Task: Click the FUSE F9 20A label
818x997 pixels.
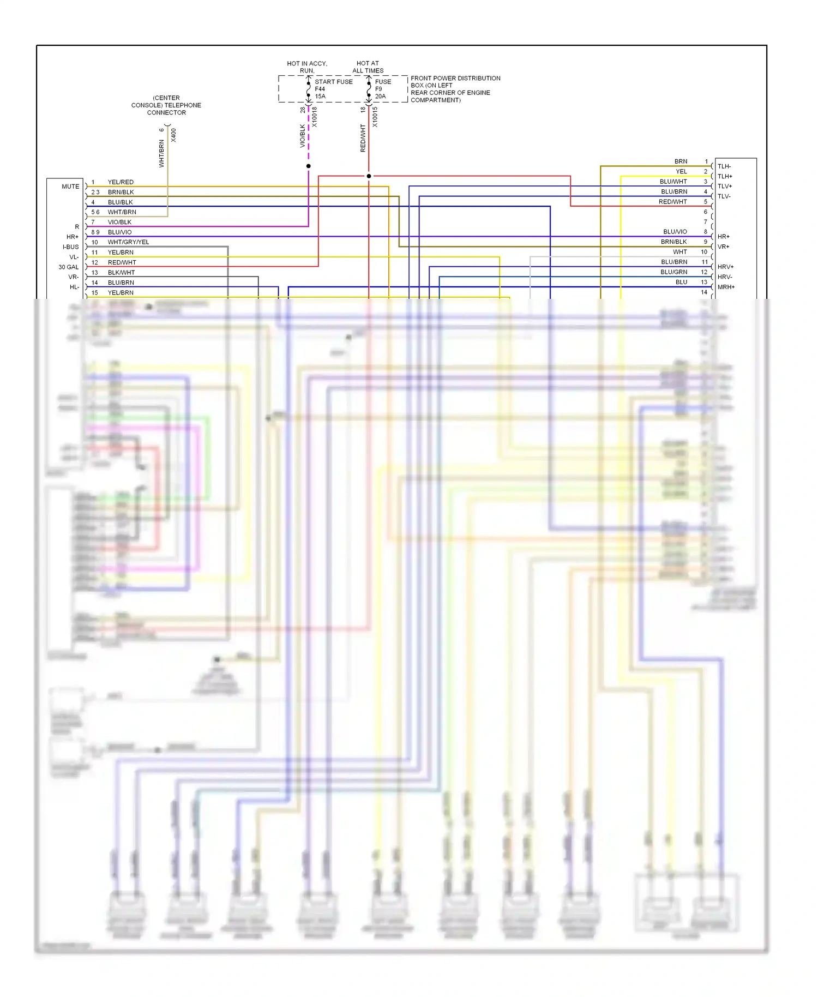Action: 382,89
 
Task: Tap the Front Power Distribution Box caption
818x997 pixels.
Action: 455,89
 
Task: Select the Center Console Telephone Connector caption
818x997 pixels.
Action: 166,105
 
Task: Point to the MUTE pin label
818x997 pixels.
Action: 70,187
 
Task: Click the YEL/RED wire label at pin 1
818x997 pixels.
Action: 121,182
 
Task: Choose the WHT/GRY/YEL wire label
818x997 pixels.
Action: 128,242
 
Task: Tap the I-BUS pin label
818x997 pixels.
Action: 71,247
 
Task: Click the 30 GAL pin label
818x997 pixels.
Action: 69,267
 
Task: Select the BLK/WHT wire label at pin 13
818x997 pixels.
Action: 121,273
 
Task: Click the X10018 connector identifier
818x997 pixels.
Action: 315,117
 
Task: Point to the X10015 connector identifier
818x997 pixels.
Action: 375,117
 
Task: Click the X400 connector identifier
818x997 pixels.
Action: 173,135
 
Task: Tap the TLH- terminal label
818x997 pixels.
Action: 724,166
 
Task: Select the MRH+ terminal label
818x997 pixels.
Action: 726,287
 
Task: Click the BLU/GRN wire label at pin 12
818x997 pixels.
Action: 674,272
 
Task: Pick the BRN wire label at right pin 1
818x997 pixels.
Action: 681,161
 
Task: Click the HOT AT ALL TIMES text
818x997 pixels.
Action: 368,67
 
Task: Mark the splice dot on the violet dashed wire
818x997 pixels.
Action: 309,166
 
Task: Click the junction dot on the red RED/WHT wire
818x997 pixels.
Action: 369,176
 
